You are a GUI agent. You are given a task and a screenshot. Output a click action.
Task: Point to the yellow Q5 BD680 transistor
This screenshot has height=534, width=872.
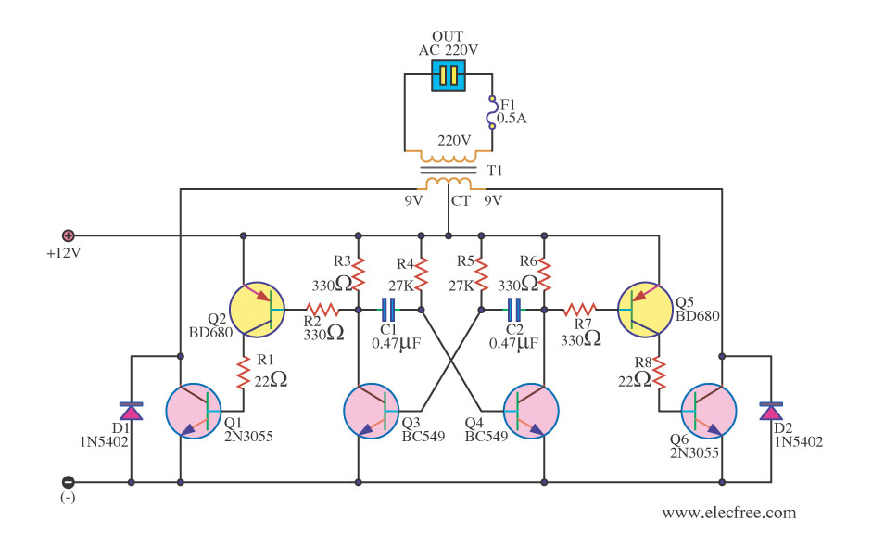pyautogui.click(x=644, y=309)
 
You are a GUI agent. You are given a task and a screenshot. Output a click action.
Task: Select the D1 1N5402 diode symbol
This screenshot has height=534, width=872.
pyautogui.click(x=132, y=411)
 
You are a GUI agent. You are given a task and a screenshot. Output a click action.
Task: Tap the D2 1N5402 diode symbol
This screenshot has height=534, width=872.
pyautogui.click(x=768, y=411)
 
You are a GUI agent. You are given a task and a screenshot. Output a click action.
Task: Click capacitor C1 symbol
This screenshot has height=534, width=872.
pyautogui.click(x=389, y=309)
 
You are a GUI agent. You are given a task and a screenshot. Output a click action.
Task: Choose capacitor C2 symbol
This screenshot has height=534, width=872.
pyautogui.click(x=512, y=309)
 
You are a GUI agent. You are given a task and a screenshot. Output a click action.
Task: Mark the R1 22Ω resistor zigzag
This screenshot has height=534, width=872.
pyautogui.click(x=243, y=373)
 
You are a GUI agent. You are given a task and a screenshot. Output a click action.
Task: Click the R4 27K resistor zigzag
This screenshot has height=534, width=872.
pyautogui.click(x=421, y=273)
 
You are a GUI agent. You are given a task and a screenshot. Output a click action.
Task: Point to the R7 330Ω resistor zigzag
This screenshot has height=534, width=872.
pyautogui.click(x=581, y=309)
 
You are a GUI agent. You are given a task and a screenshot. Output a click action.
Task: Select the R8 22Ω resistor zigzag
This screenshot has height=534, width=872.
pyautogui.click(x=659, y=373)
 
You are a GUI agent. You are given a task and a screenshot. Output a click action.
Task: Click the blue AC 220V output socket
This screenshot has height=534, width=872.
pyautogui.click(x=449, y=76)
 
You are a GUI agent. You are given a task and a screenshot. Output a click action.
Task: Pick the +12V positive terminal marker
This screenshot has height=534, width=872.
pyautogui.click(x=68, y=235)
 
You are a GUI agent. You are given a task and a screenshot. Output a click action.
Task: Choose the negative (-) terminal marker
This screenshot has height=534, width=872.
pyautogui.click(x=68, y=482)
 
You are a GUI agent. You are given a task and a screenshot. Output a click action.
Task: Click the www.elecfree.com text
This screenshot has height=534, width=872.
pyautogui.click(x=728, y=512)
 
